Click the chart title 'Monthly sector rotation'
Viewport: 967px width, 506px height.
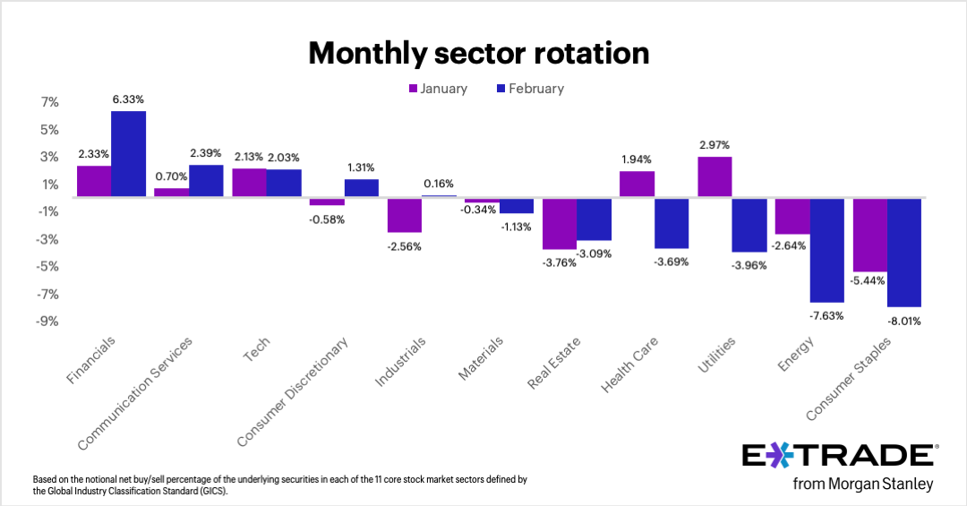point(478,54)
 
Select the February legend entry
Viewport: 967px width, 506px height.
point(528,89)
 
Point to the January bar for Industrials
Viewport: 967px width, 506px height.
point(404,215)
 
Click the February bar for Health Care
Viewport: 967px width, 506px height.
point(672,223)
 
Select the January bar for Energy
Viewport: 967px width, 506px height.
point(792,216)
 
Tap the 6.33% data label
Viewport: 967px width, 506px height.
point(129,99)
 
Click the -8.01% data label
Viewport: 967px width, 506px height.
point(904,321)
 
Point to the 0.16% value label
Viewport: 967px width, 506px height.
point(439,184)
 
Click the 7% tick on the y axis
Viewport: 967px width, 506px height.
point(49,102)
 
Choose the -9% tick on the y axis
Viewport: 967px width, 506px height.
point(49,321)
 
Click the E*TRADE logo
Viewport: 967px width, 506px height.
point(840,456)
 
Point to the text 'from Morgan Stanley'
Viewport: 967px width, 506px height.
point(864,485)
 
